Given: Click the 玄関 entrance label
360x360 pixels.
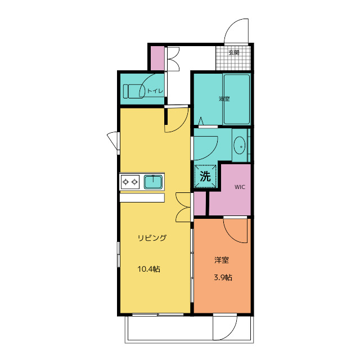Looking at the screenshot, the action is [234, 52].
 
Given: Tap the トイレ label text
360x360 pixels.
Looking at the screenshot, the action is [155, 91].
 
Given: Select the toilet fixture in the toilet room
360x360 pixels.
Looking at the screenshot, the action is [134, 91].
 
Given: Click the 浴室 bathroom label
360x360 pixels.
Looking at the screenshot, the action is [224, 99].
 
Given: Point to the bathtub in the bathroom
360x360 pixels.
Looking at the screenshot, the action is [237, 99].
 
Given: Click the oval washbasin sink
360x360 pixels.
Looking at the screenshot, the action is [239, 145].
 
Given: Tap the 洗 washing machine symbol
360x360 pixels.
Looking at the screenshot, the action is [205, 176].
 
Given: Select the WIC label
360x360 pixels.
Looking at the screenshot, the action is [240, 187].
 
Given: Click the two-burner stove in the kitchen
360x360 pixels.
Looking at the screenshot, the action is [130, 182].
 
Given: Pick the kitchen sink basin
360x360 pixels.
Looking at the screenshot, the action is [154, 182].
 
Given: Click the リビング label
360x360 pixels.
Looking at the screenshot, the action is [152, 237].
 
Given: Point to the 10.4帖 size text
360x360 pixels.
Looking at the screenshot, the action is [148, 269].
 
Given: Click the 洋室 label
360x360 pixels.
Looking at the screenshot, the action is [222, 260].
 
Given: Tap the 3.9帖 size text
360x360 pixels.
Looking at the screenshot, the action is [223, 277].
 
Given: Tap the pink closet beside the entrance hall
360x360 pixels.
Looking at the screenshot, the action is [157, 58].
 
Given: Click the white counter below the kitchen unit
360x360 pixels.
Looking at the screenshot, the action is [142, 197].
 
